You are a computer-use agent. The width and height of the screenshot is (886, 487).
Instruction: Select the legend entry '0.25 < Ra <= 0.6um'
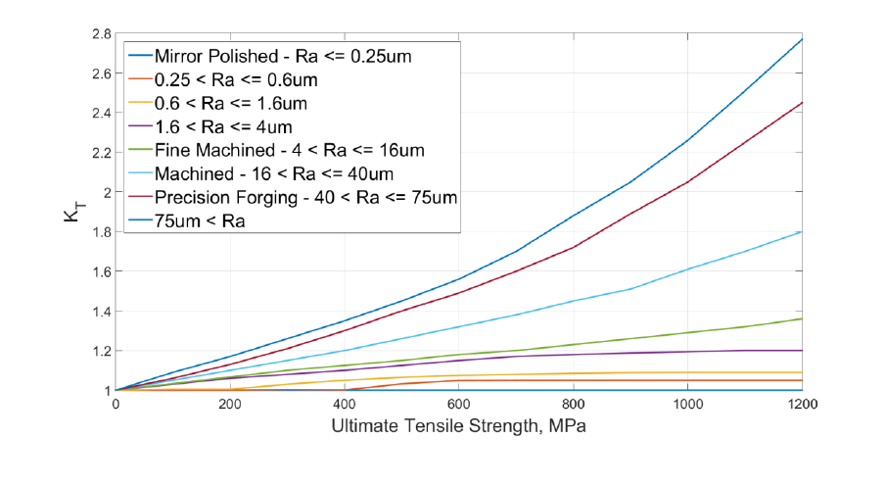[234, 80]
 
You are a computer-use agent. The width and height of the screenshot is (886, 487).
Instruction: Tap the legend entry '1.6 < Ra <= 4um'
[223, 127]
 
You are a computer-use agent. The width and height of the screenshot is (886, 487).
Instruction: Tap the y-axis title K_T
[74, 212]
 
